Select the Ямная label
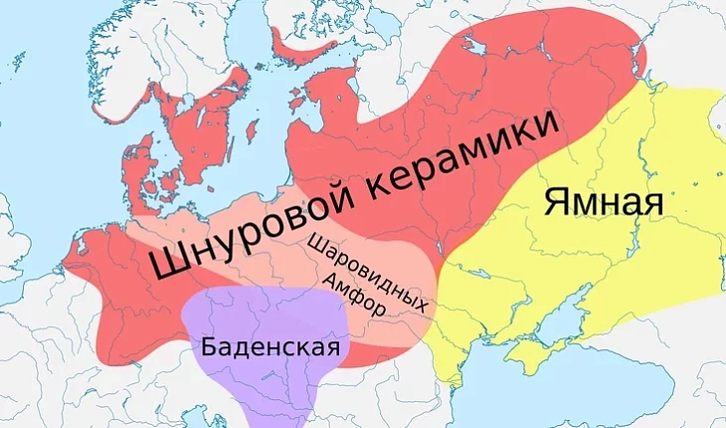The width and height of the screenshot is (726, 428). coord(603,201)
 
